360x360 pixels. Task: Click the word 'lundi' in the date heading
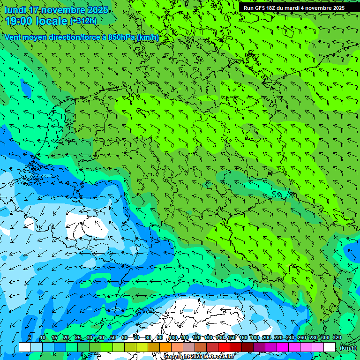(x=15, y=10)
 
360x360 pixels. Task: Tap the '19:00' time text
(x=19, y=21)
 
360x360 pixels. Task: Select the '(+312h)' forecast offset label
(x=83, y=21)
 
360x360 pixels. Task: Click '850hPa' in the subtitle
(x=120, y=37)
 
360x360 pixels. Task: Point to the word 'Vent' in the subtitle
(x=13, y=37)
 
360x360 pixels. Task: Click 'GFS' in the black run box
(x=261, y=8)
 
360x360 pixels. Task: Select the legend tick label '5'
(x=30, y=338)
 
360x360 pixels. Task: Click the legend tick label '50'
(x=113, y=338)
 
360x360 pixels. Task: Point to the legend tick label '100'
(x=173, y=338)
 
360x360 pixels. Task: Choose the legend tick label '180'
(x=255, y=338)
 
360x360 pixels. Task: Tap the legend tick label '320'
(x=337, y=338)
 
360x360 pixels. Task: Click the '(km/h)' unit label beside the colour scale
(x=348, y=348)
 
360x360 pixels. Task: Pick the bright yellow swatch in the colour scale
(x=142, y=347)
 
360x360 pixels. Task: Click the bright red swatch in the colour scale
(x=224, y=347)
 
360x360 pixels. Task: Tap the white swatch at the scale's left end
(x=25, y=347)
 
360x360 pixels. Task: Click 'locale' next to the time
(x=54, y=21)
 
